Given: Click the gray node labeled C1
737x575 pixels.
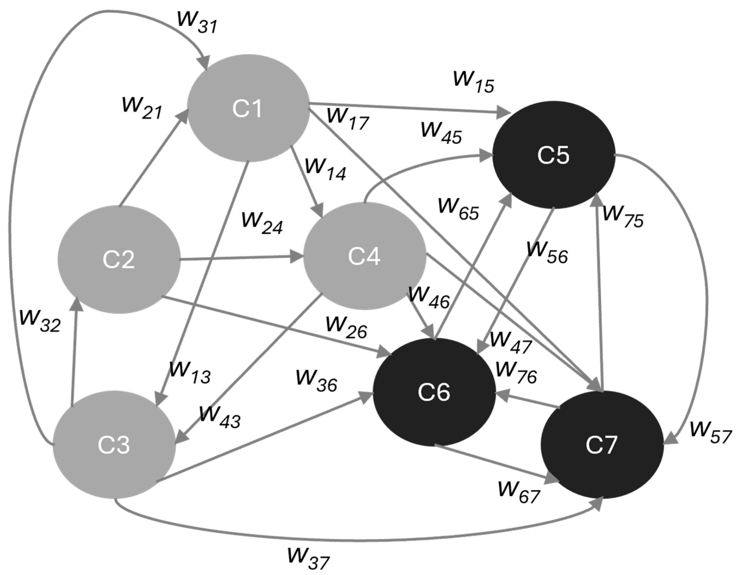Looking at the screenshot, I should [x=248, y=108].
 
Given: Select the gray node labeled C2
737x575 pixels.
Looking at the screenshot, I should [x=119, y=259].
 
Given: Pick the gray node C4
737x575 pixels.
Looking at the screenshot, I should [x=364, y=256].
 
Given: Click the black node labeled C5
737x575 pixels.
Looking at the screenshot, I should [x=553, y=155].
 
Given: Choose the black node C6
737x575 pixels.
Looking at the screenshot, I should [x=434, y=392].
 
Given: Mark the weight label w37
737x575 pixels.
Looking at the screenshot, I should [x=308, y=559].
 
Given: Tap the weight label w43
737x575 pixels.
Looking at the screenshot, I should [x=220, y=418].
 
